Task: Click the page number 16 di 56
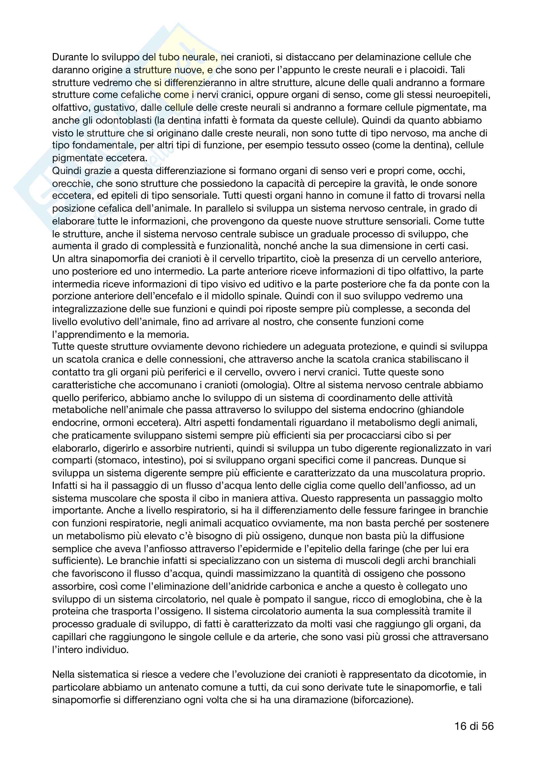(474, 727)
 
